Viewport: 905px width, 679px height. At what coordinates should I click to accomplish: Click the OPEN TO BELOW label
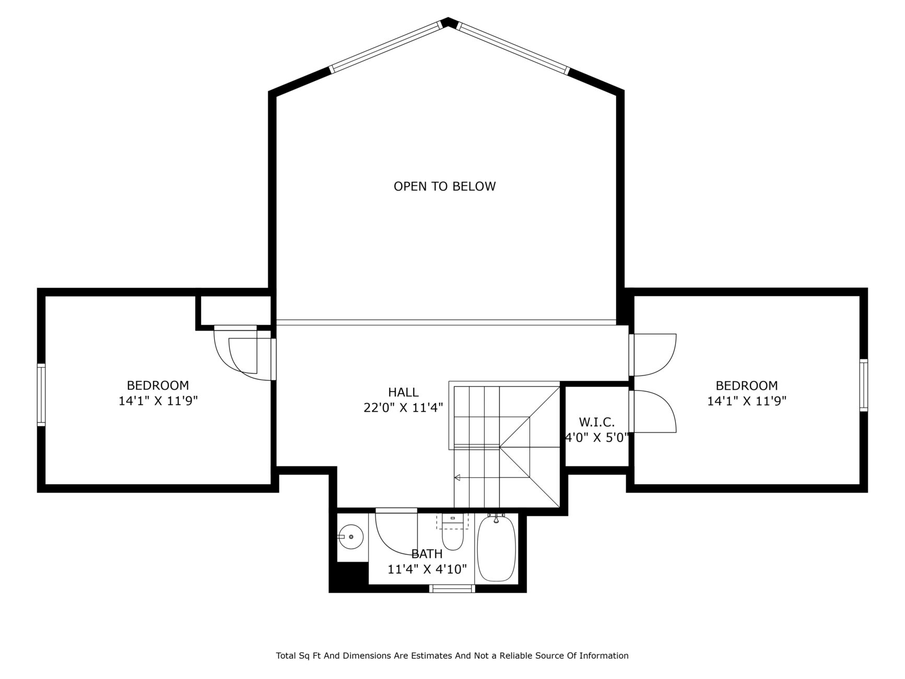tap(444, 186)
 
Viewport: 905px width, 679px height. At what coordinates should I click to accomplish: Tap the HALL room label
tap(403, 392)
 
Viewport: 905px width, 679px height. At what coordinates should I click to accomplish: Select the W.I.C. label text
tap(596, 422)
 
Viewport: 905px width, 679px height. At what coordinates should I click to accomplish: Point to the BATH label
tap(427, 554)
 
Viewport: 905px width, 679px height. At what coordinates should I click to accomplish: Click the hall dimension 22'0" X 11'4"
tap(403, 407)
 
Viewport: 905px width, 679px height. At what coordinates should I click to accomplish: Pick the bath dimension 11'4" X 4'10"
tap(427, 569)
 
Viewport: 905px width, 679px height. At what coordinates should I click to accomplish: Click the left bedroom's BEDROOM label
tap(158, 385)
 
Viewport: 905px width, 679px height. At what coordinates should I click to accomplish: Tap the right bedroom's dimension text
tap(747, 401)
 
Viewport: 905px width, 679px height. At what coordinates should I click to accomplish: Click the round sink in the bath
tap(350, 537)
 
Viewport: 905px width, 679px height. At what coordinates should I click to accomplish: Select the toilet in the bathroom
tap(452, 532)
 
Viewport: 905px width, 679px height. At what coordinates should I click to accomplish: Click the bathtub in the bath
tap(496, 548)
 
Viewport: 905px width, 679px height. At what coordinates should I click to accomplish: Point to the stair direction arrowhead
tap(457, 477)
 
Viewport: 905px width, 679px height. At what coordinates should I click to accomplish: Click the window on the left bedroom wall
tap(41, 395)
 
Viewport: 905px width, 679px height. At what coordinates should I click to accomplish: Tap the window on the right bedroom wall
tap(863, 385)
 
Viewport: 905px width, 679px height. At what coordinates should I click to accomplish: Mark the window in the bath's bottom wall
tap(452, 589)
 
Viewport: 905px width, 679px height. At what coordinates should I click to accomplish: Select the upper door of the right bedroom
tap(652, 355)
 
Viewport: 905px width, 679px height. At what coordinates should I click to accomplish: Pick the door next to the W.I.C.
tap(652, 411)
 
